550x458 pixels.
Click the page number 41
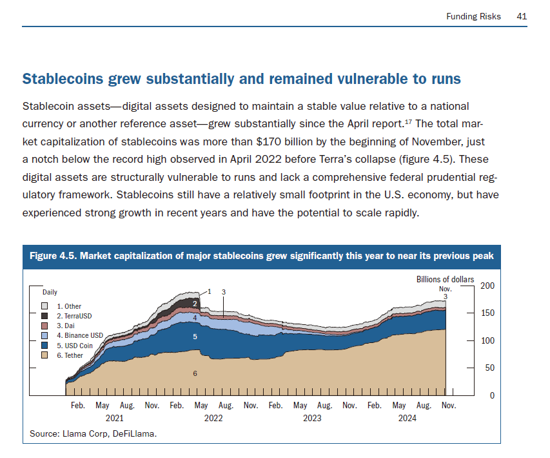click(522, 16)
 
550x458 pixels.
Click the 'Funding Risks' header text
click(473, 16)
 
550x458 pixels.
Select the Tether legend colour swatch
click(44, 355)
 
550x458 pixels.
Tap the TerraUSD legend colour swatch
click(44, 316)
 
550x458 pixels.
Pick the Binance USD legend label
click(79, 336)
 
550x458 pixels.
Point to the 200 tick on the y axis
click(487, 286)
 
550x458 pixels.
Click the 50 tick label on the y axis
click(489, 368)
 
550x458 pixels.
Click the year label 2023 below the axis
click(312, 418)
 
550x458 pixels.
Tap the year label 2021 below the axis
click(114, 418)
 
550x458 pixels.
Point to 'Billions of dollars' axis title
click(446, 280)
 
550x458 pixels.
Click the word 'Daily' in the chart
click(50, 293)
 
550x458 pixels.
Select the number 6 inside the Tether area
click(195, 373)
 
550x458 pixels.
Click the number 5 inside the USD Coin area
click(195, 337)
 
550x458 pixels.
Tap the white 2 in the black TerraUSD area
click(195, 303)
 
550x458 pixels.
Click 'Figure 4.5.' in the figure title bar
click(52, 256)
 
